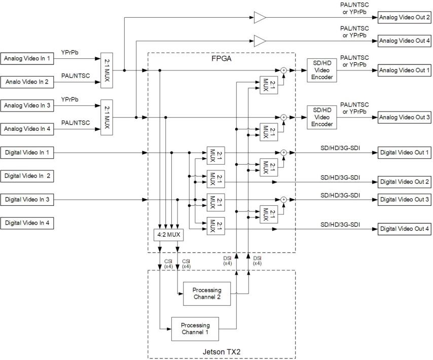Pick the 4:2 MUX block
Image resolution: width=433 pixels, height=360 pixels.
click(x=168, y=235)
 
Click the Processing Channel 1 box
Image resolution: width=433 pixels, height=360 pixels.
click(x=195, y=329)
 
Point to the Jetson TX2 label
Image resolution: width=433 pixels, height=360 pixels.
click(x=221, y=350)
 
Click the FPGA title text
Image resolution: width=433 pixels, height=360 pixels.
click(x=221, y=58)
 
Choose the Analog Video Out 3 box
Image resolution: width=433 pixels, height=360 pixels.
click(x=403, y=117)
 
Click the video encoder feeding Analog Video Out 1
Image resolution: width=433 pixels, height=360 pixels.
click(x=322, y=70)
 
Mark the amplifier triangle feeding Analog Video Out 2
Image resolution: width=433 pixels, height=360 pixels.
click(x=260, y=18)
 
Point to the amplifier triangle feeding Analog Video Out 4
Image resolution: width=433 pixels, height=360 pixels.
click(x=260, y=40)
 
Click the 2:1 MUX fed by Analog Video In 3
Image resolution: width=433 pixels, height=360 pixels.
click(x=106, y=117)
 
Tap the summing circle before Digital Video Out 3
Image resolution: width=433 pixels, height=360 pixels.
click(x=284, y=199)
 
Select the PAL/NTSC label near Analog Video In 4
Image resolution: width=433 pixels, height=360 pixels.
click(x=76, y=122)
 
